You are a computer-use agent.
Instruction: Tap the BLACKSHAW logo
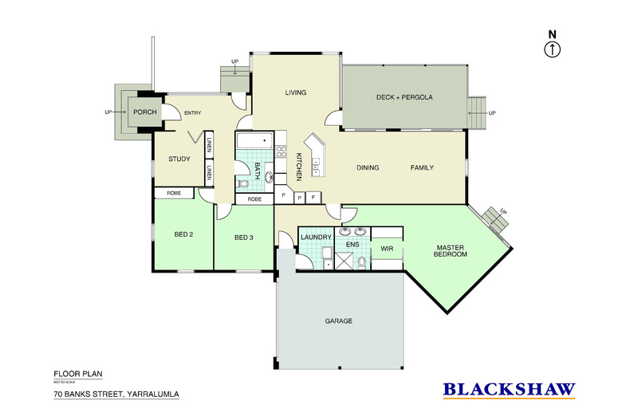(x=509, y=389)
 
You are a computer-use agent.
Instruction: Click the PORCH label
(x=144, y=112)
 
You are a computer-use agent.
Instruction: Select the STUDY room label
(x=179, y=159)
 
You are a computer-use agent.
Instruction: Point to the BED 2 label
(x=184, y=234)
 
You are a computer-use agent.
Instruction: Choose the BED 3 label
(x=245, y=237)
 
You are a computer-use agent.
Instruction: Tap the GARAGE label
(x=339, y=321)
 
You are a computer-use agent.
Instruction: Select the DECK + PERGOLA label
(x=404, y=97)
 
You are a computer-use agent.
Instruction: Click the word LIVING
(x=296, y=93)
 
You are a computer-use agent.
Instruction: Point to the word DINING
(x=368, y=167)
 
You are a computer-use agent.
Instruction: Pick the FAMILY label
(x=422, y=167)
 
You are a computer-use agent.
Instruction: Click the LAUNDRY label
(x=316, y=237)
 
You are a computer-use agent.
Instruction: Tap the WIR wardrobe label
(x=388, y=249)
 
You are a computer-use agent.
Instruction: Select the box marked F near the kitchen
(x=313, y=197)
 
